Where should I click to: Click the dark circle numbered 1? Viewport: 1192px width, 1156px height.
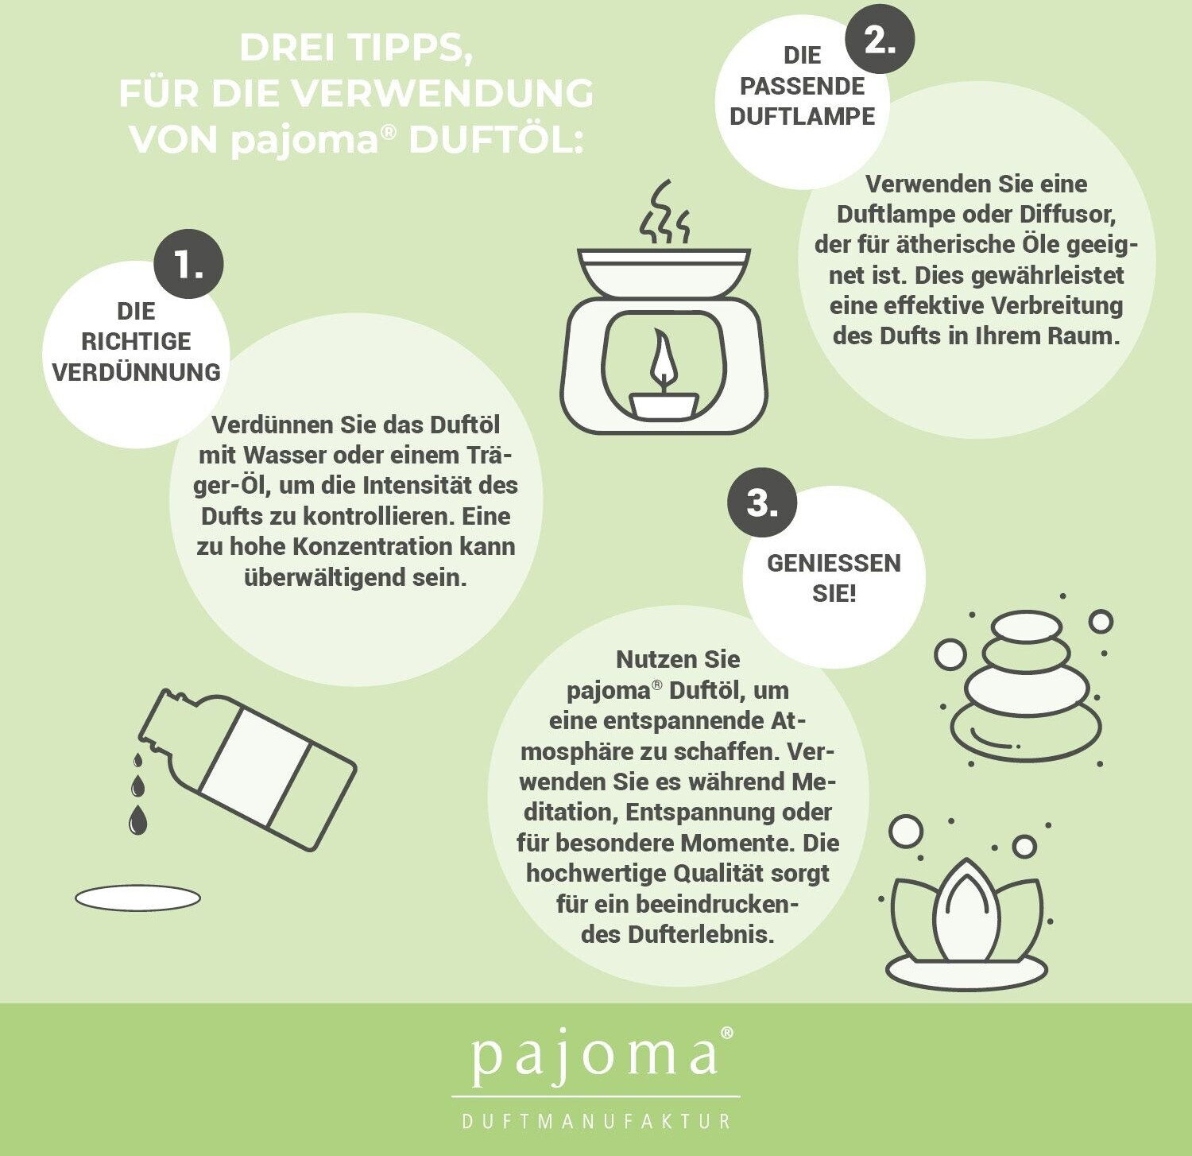[x=188, y=264]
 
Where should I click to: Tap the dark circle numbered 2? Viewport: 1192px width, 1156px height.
[x=879, y=38]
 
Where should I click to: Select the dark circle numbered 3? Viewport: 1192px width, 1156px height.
[x=762, y=502]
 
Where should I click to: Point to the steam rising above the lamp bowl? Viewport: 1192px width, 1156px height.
[x=664, y=212]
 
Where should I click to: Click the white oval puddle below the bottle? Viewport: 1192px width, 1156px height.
[x=137, y=898]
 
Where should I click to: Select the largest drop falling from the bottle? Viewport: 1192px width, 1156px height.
[x=137, y=820]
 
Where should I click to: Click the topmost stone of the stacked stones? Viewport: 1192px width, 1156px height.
[x=1026, y=626]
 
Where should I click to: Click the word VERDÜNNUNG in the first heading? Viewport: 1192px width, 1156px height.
[x=136, y=372]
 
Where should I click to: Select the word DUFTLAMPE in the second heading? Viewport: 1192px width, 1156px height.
[x=802, y=116]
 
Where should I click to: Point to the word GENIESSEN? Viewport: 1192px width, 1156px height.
[x=834, y=563]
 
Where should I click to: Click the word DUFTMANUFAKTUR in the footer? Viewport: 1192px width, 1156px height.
[x=596, y=1121]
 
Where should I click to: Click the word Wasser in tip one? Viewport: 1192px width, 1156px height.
[x=284, y=456]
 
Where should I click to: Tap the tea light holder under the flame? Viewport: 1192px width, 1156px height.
[x=664, y=404]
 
